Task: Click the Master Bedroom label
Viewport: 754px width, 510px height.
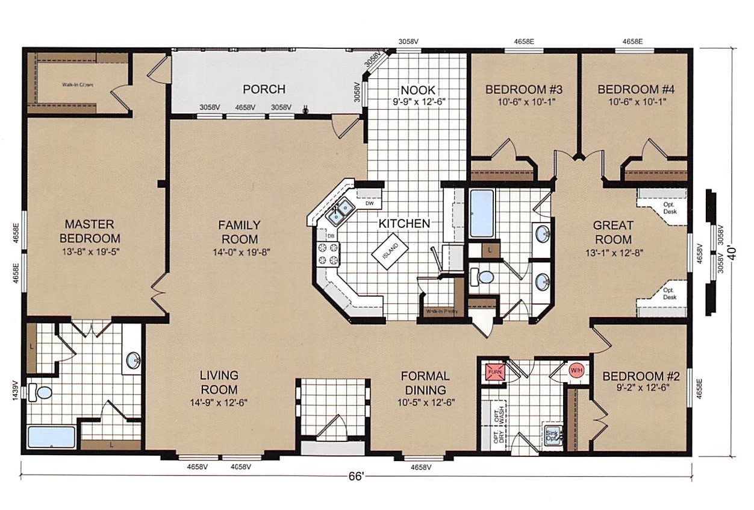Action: pos(93,231)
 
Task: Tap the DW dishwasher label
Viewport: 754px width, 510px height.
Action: pos(369,203)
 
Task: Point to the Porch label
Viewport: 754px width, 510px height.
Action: pos(264,89)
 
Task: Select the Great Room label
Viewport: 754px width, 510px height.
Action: pos(613,231)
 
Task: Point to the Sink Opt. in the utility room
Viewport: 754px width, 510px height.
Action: pos(552,436)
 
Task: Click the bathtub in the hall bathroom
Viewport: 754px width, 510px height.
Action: pos(481,214)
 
